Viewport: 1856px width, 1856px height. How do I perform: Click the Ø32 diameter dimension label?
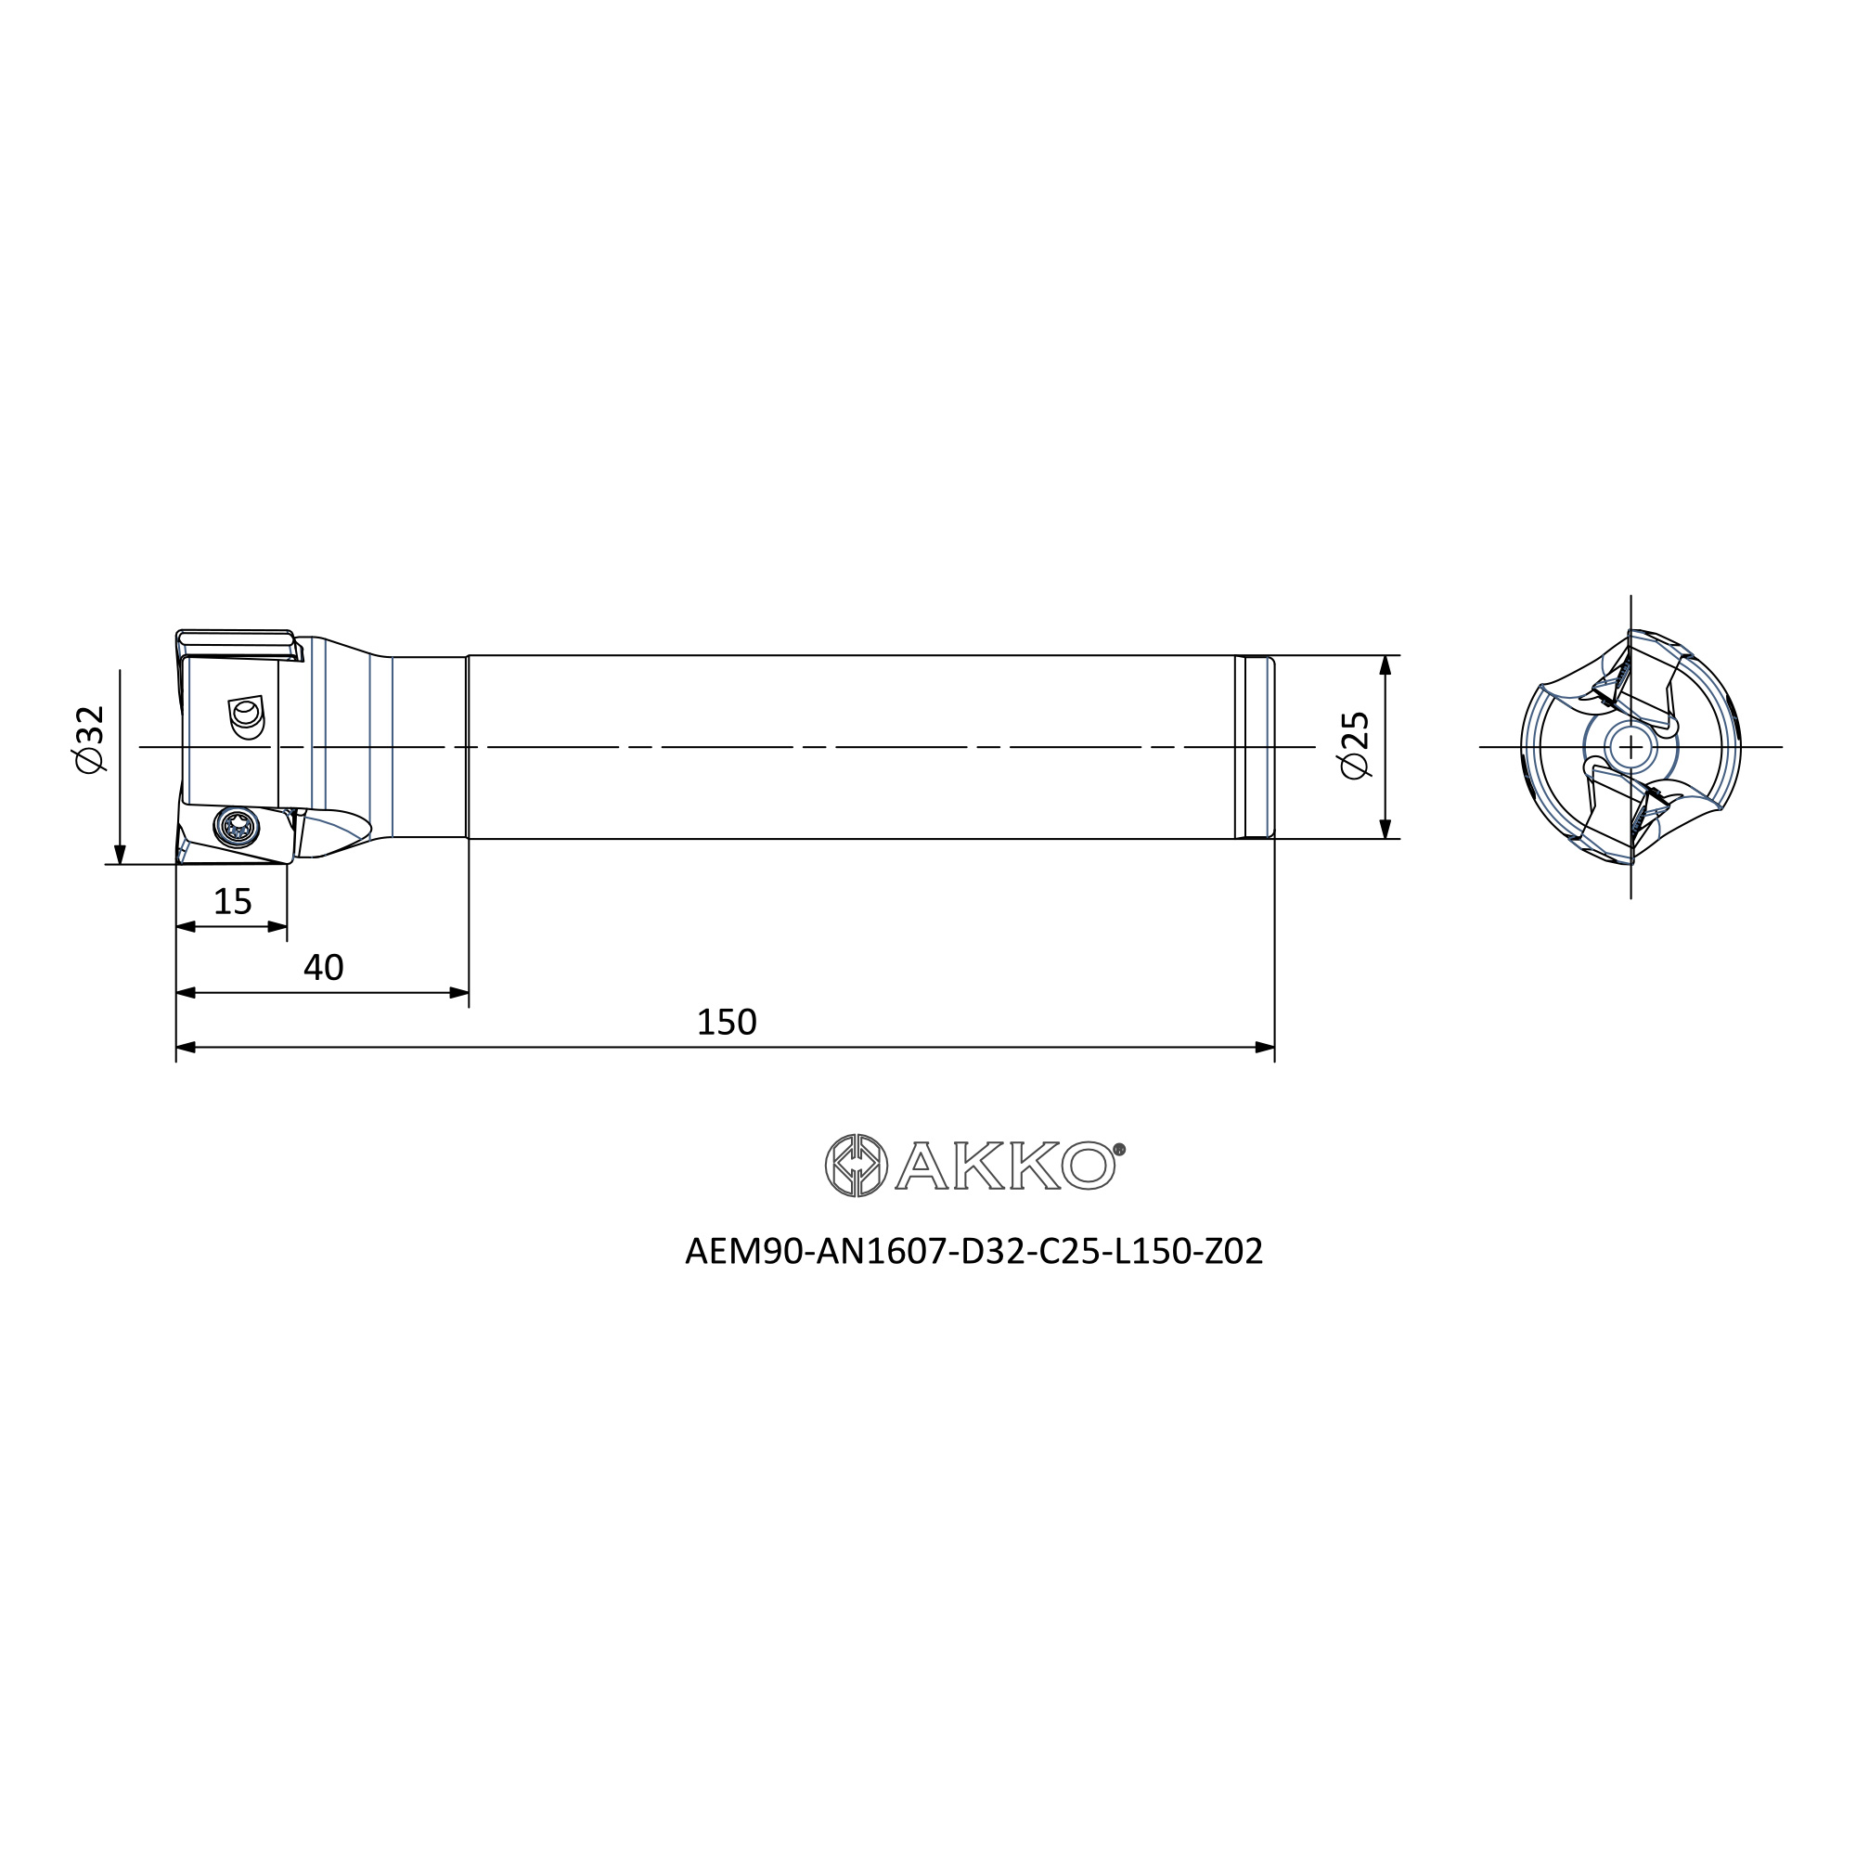click(88, 739)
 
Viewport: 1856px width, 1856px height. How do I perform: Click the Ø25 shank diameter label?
click(1354, 745)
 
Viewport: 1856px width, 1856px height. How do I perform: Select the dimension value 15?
click(233, 902)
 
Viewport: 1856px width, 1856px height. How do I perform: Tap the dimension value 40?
click(324, 967)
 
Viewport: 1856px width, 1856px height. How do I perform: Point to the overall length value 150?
click(727, 1022)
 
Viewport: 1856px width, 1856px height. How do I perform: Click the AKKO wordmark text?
click(1005, 1166)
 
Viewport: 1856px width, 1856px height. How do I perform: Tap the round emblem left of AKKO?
click(856, 1166)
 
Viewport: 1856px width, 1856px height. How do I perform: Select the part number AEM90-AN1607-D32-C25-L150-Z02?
click(973, 1251)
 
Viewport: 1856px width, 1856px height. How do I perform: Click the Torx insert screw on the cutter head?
click(237, 827)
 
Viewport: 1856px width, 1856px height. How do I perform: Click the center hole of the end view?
click(1630, 746)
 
